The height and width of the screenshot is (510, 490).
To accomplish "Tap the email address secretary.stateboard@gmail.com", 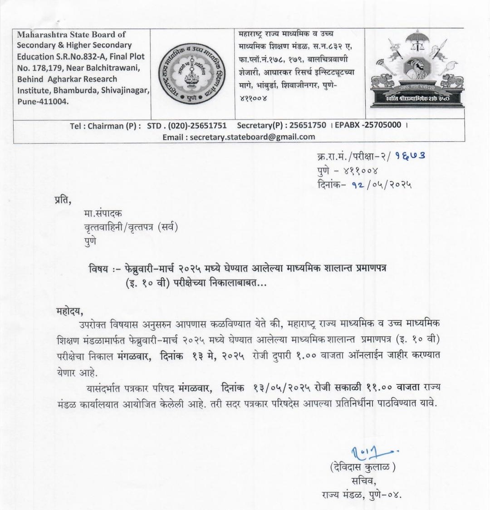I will click(252, 136).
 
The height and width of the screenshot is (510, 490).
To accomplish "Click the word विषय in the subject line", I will click(98, 269).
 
